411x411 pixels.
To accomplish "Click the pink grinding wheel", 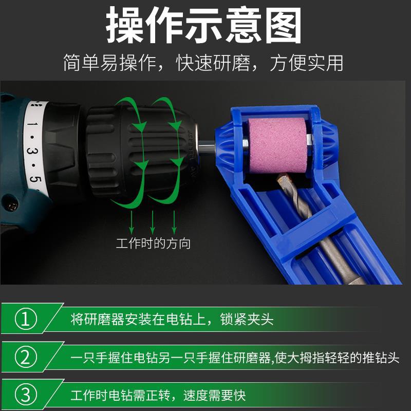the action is coord(277,145).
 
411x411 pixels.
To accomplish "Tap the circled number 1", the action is coord(26,319).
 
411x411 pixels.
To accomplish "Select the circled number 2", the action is coord(26,357).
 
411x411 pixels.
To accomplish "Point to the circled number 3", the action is coord(26,395).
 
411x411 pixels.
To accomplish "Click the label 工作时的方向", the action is coord(153,243).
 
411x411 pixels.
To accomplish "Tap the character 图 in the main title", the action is coord(283,25).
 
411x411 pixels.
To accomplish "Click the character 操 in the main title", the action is coord(124,25).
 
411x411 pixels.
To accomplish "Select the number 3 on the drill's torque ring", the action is coord(32,151).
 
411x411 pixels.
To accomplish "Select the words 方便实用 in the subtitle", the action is coord(306,63).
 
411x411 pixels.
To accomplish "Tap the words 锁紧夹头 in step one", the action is coord(247,319).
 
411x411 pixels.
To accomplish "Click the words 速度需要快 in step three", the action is coord(214,395).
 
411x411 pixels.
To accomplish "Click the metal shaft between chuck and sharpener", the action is coord(207,147).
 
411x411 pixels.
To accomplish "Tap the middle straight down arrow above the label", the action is coord(153,222).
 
